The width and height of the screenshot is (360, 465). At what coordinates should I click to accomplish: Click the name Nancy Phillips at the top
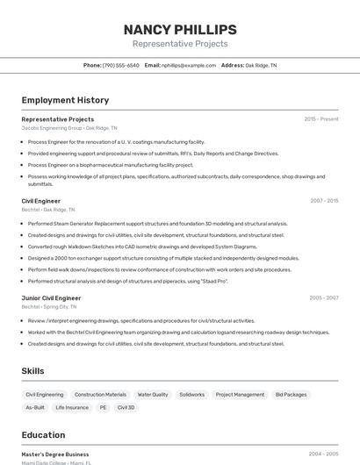click(x=180, y=29)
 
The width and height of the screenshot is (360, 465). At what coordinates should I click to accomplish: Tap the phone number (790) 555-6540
click(x=120, y=65)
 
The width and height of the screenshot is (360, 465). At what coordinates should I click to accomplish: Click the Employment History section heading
click(x=65, y=100)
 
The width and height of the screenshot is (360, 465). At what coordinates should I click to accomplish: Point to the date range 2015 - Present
click(x=321, y=119)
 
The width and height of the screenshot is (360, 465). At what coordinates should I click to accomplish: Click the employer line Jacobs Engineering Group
click(x=69, y=128)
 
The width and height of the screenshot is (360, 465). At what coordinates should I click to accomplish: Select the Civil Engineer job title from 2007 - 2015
click(x=41, y=201)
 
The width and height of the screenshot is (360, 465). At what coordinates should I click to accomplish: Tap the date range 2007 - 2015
click(x=324, y=201)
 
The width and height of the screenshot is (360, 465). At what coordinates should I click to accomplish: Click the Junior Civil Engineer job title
click(x=51, y=298)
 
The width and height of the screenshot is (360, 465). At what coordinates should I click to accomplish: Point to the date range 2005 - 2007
click(x=324, y=298)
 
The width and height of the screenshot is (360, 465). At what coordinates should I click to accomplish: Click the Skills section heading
click(x=32, y=371)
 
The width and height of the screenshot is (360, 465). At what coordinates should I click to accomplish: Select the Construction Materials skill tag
click(x=100, y=395)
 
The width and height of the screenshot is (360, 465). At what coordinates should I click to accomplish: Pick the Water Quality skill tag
click(x=153, y=395)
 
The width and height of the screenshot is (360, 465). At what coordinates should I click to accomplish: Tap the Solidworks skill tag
click(x=191, y=395)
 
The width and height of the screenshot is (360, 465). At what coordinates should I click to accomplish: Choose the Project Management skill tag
click(x=240, y=395)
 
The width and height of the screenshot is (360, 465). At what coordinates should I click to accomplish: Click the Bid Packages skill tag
click(x=291, y=395)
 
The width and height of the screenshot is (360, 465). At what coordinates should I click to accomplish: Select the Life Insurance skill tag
click(x=72, y=408)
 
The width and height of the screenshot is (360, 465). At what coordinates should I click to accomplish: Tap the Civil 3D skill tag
click(x=126, y=408)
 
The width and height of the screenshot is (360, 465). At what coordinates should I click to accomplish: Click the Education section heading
click(x=43, y=435)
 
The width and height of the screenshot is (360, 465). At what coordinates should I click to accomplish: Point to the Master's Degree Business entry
click(x=55, y=454)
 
